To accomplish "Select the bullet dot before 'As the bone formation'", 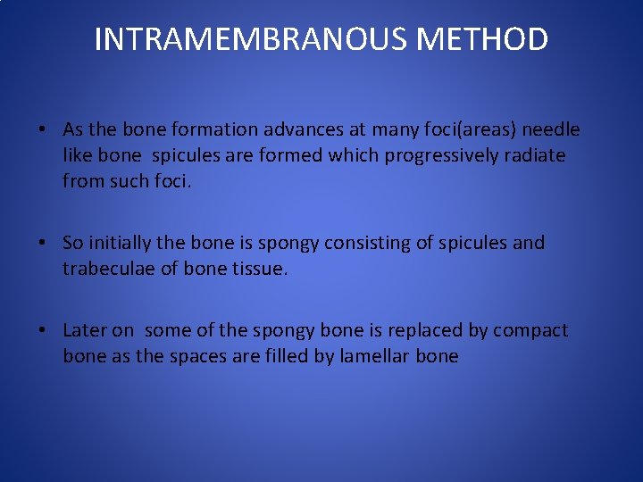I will tap(43, 130).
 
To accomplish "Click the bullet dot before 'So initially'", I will tap(43, 243).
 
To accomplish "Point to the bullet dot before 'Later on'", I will tap(43, 330).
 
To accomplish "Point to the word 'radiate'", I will tap(535, 155).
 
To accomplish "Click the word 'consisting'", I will tap(367, 243).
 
